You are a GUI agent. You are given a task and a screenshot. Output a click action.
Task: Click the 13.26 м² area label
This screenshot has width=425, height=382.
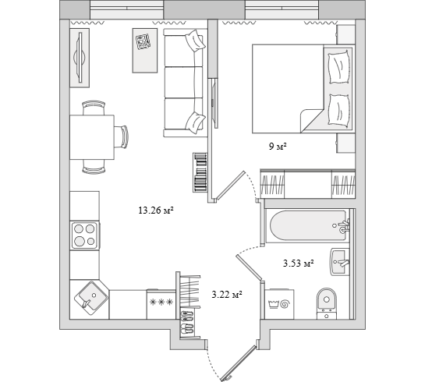pyautogui.click(x=156, y=210)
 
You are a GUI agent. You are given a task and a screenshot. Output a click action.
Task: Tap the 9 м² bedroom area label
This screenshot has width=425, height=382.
pyautogui.click(x=278, y=147)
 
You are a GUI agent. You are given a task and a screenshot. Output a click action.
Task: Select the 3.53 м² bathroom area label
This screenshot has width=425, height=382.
pyautogui.click(x=299, y=263)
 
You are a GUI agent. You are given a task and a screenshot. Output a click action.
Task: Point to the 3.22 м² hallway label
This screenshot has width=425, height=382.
pyautogui.click(x=227, y=294)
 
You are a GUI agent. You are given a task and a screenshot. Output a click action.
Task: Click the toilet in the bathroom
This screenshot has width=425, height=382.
pyautogui.click(x=327, y=303)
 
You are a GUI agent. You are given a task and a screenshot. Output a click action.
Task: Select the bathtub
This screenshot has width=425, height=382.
pyautogui.click(x=307, y=225)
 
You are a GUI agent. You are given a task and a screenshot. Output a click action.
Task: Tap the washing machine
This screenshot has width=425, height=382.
pyautogui.click(x=279, y=304)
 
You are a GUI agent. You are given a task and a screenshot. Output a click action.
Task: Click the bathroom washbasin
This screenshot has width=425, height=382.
pyautogui.click(x=340, y=262)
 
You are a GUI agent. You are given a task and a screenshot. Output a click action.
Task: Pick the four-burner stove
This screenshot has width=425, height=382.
pyautogui.click(x=84, y=235)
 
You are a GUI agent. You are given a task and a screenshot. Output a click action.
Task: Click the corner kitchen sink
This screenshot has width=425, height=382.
pyautogui.click(x=90, y=298)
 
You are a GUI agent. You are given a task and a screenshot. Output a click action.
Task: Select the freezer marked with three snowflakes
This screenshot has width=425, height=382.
pyautogui.click(x=161, y=304)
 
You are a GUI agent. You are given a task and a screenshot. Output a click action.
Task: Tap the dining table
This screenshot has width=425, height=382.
pyautogui.click(x=92, y=137)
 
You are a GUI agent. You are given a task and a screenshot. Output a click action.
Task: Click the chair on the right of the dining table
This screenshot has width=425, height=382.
pyautogui.click(x=121, y=136)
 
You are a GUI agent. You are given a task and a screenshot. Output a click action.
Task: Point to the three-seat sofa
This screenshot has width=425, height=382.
pyautogui.click(x=185, y=83)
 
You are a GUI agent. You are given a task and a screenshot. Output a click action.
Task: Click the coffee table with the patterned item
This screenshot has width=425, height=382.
pyautogui.click(x=145, y=51)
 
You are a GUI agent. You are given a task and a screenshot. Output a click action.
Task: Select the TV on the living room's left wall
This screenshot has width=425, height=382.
pyautogui.click(x=80, y=58)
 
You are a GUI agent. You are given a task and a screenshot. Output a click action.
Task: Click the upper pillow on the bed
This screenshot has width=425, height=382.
pyautogui.click(x=338, y=67)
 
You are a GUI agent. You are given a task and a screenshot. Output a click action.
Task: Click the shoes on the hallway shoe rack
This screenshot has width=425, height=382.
pyautogui.click(x=187, y=324)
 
